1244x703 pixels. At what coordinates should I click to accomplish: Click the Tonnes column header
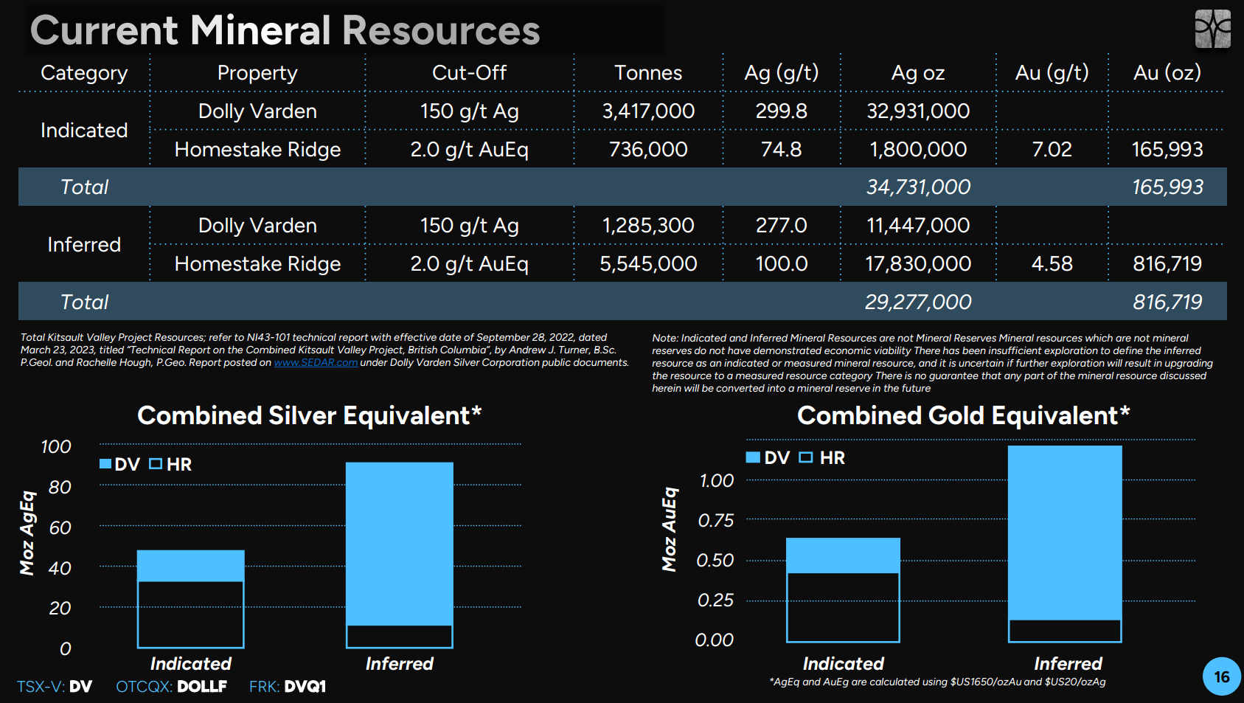click(x=648, y=73)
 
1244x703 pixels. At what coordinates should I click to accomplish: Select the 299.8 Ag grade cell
click(x=781, y=111)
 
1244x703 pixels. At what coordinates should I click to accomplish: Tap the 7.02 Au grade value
click(x=1052, y=150)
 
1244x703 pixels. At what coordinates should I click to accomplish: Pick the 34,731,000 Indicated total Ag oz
click(x=918, y=187)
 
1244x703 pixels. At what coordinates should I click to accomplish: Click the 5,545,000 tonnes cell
click(x=648, y=264)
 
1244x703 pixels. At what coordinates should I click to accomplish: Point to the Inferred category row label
click(x=84, y=244)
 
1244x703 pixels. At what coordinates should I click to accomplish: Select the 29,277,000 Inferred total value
click(x=918, y=302)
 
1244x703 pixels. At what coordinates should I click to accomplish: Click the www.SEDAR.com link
click(x=316, y=363)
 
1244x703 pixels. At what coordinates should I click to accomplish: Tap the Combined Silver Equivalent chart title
click(x=309, y=416)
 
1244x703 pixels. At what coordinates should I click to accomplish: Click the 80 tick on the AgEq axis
click(x=60, y=488)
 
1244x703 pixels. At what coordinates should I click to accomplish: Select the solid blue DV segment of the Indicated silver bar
click(x=190, y=566)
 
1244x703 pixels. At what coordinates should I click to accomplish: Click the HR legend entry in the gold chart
click(x=822, y=458)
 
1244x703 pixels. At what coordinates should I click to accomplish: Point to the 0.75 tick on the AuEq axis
click(x=716, y=521)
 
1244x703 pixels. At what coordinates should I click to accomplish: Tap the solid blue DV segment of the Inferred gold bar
click(x=1065, y=533)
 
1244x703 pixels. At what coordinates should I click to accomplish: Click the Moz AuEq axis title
click(x=670, y=530)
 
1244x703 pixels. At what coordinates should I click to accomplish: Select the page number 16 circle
click(x=1221, y=676)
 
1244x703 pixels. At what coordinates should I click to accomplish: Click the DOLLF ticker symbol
click(x=202, y=687)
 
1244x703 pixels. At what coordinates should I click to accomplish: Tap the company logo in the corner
click(x=1213, y=28)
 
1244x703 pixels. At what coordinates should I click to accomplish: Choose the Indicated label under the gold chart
click(x=843, y=664)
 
